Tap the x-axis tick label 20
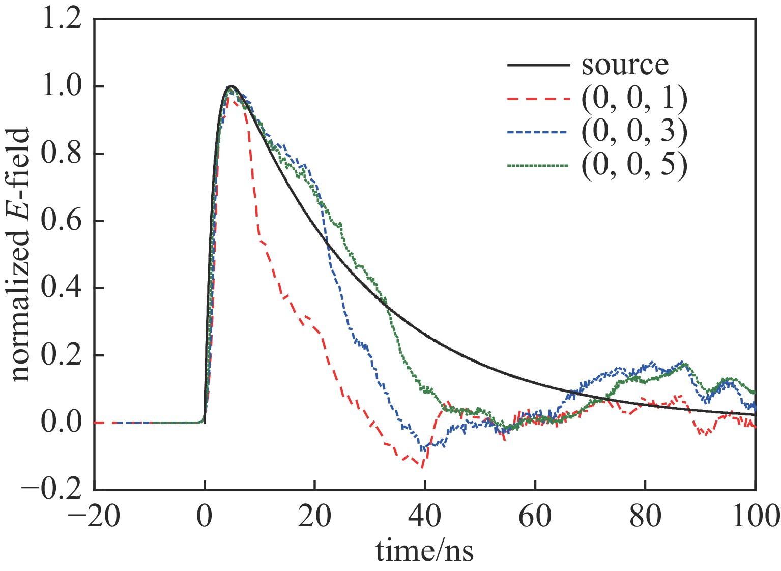pos(315,517)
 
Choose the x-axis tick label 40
pos(425,517)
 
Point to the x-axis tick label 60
pos(535,517)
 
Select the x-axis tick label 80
pos(645,517)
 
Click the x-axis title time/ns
pos(424,550)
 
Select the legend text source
pos(625,65)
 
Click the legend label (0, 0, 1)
pos(634,99)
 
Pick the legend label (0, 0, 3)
pos(634,132)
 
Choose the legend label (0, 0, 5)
pos(634,166)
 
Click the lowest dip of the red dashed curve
pos(422,466)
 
